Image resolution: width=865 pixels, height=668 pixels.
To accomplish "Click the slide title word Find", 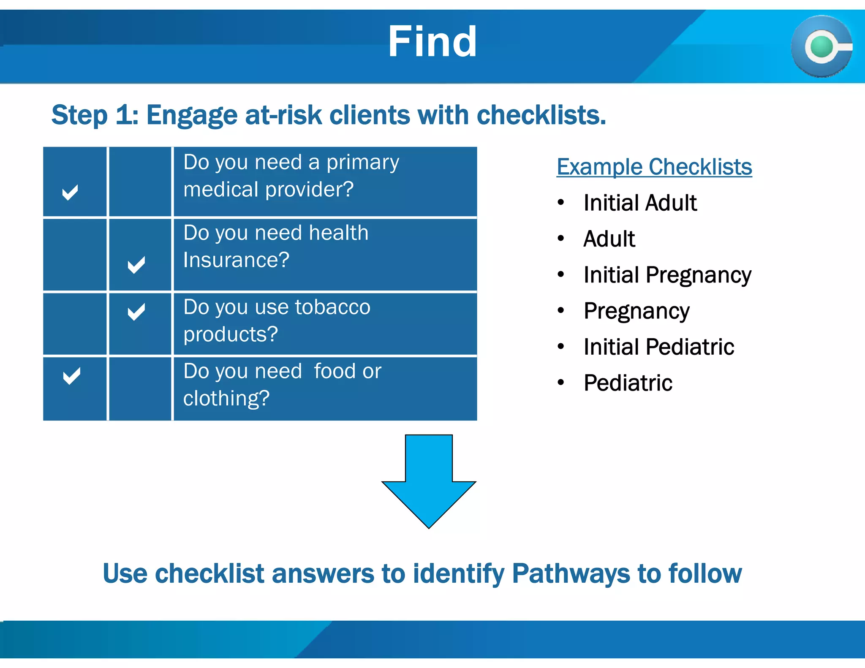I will [432, 42].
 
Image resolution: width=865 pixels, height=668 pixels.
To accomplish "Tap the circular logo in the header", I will [821, 46].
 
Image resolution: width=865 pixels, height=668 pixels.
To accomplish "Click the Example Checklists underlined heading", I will [654, 166].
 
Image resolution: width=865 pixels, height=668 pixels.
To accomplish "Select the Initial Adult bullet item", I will [639, 203].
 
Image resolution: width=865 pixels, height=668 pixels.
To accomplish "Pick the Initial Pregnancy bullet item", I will [667, 275].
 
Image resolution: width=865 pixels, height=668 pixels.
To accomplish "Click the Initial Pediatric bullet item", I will [658, 347].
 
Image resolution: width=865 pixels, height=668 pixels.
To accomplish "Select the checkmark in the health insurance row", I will [136, 265].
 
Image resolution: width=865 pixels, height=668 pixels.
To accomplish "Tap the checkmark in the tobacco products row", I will [136, 312].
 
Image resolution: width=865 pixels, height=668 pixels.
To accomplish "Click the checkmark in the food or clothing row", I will [71, 376].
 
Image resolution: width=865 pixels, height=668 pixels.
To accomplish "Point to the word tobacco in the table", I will [332, 307].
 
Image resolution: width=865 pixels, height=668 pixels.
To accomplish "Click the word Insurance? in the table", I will [236, 260].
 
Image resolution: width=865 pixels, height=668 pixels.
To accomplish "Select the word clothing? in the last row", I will [226, 398].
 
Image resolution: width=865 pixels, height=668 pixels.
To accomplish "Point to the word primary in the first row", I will [362, 163].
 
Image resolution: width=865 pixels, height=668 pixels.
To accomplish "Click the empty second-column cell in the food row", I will [140, 388].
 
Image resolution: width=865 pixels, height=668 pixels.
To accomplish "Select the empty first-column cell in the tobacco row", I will [75, 324].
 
